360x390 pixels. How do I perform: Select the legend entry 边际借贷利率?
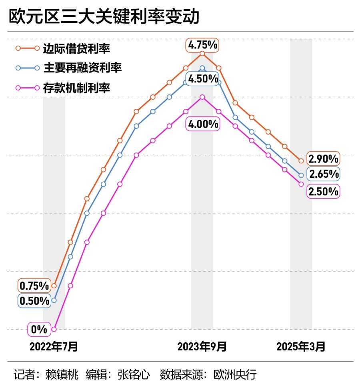pyautogui.click(x=76, y=48)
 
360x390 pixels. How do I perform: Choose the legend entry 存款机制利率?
pyautogui.click(x=76, y=88)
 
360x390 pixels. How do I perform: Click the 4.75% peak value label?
pyautogui.click(x=203, y=45)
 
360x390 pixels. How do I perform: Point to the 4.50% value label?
pyautogui.click(x=203, y=79)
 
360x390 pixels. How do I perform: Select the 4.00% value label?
pyautogui.click(x=203, y=124)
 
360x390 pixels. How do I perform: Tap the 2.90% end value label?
pyautogui.click(x=323, y=159)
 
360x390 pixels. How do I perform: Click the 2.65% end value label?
pyautogui.click(x=323, y=174)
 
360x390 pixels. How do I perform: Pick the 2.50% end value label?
pyautogui.click(x=323, y=191)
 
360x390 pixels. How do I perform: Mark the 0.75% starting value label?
pyautogui.click(x=34, y=286)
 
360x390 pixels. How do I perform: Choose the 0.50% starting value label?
pyautogui.click(x=34, y=301)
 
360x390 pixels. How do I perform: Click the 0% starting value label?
pyautogui.click(x=39, y=330)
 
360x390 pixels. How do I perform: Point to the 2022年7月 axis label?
pyautogui.click(x=54, y=346)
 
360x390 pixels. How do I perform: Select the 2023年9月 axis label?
pyautogui.click(x=202, y=346)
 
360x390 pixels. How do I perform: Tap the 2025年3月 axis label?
pyautogui.click(x=301, y=346)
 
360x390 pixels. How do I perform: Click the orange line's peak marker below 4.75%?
pyautogui.click(x=202, y=54)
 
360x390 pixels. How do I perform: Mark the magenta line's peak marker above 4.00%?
pyautogui.click(x=202, y=97)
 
